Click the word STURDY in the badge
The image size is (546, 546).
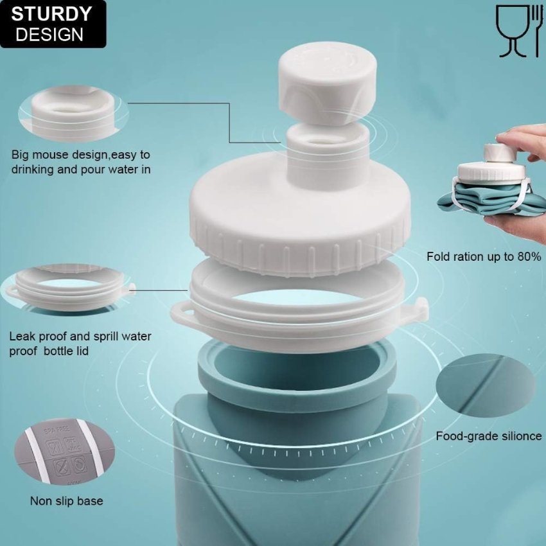tap(51, 13)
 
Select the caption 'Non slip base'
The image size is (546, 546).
tap(66, 500)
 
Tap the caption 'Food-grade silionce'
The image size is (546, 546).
tap(489, 436)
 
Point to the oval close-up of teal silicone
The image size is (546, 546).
tap(485, 385)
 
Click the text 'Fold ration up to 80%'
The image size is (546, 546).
tap(484, 256)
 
